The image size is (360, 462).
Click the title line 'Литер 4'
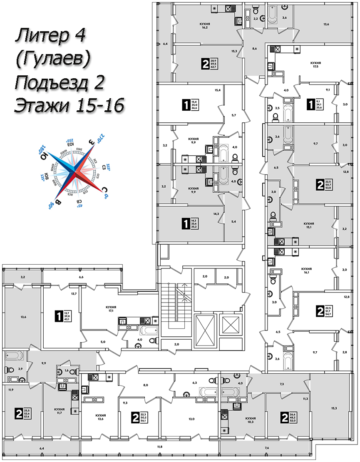(x=50, y=36)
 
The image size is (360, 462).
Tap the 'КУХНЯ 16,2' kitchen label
(x=204, y=27)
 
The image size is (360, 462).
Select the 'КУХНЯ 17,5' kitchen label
(x=315, y=65)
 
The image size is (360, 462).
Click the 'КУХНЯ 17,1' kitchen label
(x=111, y=309)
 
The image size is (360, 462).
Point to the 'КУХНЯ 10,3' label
(x=250, y=420)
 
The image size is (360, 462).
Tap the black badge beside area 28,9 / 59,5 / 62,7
(x=205, y=64)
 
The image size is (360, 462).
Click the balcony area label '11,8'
(x=159, y=447)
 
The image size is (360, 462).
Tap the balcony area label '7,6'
(x=267, y=448)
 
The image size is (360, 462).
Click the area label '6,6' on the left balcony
(x=82, y=277)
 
